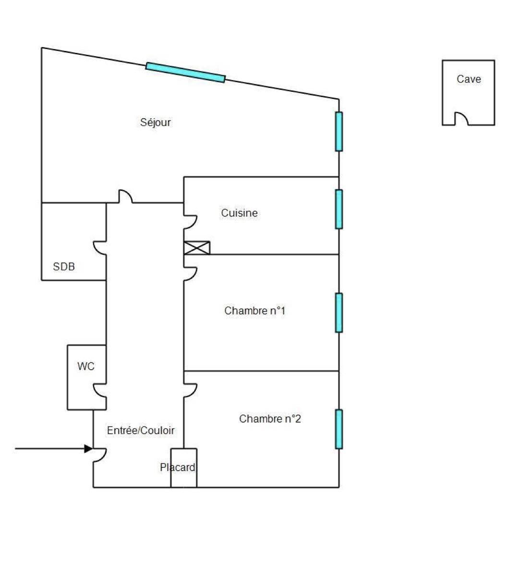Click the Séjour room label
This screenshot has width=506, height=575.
[155, 122]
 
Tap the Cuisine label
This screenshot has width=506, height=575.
[239, 212]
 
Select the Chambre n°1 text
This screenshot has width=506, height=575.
[254, 311]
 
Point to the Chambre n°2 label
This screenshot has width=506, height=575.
[270, 419]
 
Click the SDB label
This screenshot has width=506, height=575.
[64, 266]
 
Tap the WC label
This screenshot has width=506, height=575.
[86, 366]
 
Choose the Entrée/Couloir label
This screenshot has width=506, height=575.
[141, 430]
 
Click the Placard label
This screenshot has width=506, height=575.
[178, 467]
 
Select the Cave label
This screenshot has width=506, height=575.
[469, 79]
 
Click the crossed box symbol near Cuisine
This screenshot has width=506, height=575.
[197, 248]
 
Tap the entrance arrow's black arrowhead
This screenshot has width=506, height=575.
[88, 449]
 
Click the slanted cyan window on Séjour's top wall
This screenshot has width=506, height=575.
[185, 73]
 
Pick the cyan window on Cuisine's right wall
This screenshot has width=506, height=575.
[339, 209]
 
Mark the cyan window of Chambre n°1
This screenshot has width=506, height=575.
[339, 312]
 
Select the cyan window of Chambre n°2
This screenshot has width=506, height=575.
[339, 429]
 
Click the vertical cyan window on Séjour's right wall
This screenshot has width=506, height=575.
[339, 131]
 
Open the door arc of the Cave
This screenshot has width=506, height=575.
[461, 119]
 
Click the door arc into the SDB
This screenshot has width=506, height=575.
[99, 247]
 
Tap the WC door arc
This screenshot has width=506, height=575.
[99, 390]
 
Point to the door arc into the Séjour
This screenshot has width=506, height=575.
[125, 196]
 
